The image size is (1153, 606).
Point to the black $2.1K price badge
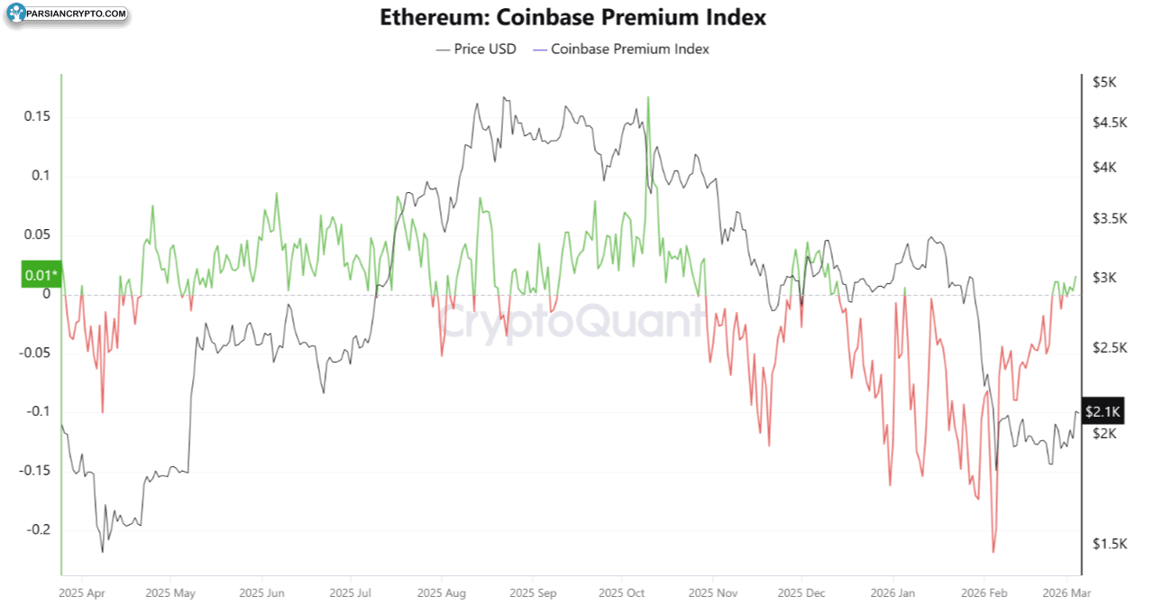click(x=1103, y=411)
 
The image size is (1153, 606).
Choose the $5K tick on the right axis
click(x=1104, y=82)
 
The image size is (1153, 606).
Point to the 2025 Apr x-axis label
click(x=81, y=593)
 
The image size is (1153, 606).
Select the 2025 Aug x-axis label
click(x=442, y=593)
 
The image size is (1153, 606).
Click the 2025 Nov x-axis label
click(x=712, y=593)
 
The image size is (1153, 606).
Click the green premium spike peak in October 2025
click(x=648, y=97)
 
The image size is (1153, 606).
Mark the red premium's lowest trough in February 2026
click(x=993, y=552)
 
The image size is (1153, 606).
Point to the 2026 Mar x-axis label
click(x=1066, y=593)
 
